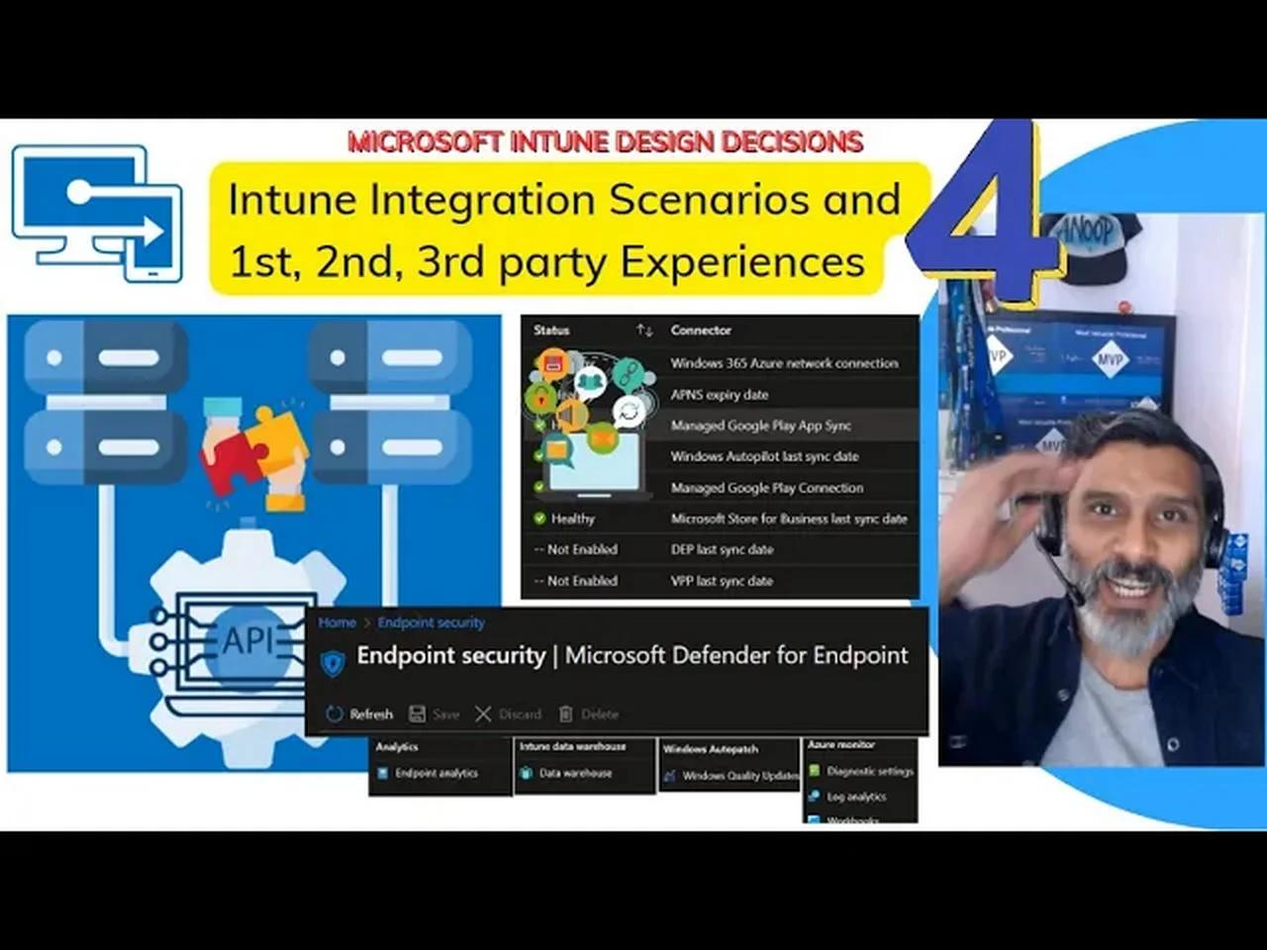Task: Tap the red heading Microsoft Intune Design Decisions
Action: tap(605, 142)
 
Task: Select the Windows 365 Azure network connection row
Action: tap(784, 363)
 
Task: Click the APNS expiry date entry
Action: tap(719, 395)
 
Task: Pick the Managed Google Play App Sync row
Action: tap(760, 426)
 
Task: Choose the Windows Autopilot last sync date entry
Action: tap(764, 456)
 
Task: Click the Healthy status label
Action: tap(572, 519)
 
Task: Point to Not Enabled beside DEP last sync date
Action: tap(581, 549)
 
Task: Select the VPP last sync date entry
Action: tap(721, 581)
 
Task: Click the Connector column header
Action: tap(701, 331)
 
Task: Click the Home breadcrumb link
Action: tap(337, 622)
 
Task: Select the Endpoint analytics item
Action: tap(436, 773)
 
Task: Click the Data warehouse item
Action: tap(575, 773)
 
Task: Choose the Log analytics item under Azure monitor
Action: tap(856, 797)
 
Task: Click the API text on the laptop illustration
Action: tap(247, 641)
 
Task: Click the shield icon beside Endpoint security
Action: tap(333, 662)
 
